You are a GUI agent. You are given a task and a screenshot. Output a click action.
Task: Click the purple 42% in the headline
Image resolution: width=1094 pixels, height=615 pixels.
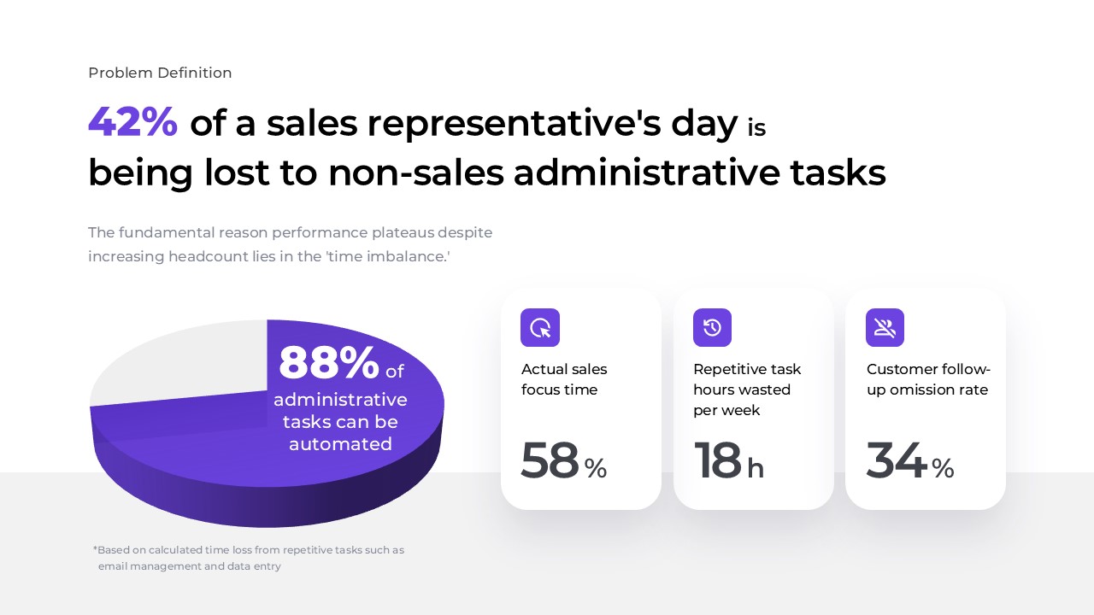[x=132, y=122]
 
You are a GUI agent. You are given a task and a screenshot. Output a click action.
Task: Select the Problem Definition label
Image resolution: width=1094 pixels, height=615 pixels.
[x=160, y=73]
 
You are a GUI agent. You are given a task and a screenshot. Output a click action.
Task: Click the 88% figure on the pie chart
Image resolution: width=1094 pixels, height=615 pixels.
[x=329, y=363]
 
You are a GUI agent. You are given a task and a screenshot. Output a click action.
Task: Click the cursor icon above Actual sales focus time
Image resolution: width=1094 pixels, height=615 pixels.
[x=540, y=328]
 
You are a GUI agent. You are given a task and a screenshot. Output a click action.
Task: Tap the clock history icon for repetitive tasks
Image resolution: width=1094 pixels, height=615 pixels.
[x=712, y=328]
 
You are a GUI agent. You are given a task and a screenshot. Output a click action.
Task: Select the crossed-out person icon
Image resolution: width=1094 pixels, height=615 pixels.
[x=885, y=328]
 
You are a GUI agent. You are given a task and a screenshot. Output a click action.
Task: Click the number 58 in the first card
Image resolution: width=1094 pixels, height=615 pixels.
[x=550, y=461]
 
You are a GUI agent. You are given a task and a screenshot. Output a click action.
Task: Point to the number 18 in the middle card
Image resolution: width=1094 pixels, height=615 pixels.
[x=717, y=461]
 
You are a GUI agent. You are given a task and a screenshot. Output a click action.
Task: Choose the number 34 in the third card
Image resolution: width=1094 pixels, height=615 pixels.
[x=896, y=461]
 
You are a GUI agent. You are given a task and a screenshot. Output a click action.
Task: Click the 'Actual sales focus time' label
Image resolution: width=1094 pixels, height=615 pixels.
[x=564, y=380]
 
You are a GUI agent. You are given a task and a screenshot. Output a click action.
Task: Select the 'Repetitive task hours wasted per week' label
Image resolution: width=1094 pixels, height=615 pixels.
[x=746, y=390]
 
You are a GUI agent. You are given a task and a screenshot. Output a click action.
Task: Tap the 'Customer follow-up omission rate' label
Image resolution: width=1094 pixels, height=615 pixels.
[x=927, y=380]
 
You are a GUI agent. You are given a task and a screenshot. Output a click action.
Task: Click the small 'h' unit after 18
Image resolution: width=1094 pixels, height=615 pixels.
[x=756, y=469]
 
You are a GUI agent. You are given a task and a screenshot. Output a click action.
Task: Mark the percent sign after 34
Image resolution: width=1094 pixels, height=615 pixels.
[x=943, y=468]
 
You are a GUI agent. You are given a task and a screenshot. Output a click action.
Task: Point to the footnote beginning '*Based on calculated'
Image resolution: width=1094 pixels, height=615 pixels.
[x=249, y=558]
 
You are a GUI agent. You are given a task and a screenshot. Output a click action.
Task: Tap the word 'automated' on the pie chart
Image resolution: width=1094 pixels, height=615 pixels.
[x=340, y=444]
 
